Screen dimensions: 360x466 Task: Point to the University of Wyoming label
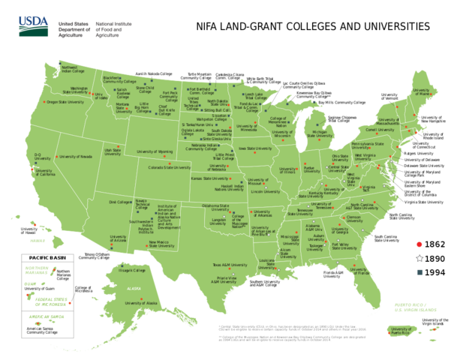click(x=154, y=151)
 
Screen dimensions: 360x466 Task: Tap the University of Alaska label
click(x=141, y=303)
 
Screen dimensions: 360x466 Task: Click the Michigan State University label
click(x=323, y=135)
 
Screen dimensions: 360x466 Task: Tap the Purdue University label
click(x=309, y=169)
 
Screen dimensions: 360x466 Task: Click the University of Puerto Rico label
click(x=403, y=330)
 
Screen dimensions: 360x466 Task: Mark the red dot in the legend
click(x=419, y=244)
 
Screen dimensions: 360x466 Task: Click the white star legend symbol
click(x=419, y=258)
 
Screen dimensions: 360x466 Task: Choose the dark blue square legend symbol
click(x=419, y=271)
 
